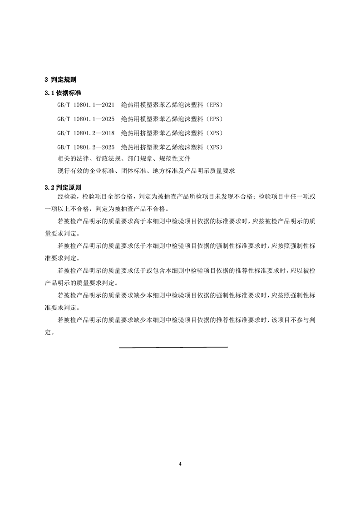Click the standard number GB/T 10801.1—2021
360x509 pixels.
click(86, 105)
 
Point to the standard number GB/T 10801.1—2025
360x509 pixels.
click(86, 119)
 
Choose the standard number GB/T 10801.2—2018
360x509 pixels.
click(86, 133)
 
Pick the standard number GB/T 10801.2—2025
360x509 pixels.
click(86, 148)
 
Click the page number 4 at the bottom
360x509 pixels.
click(180, 464)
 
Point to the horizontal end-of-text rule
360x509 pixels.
click(173, 347)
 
